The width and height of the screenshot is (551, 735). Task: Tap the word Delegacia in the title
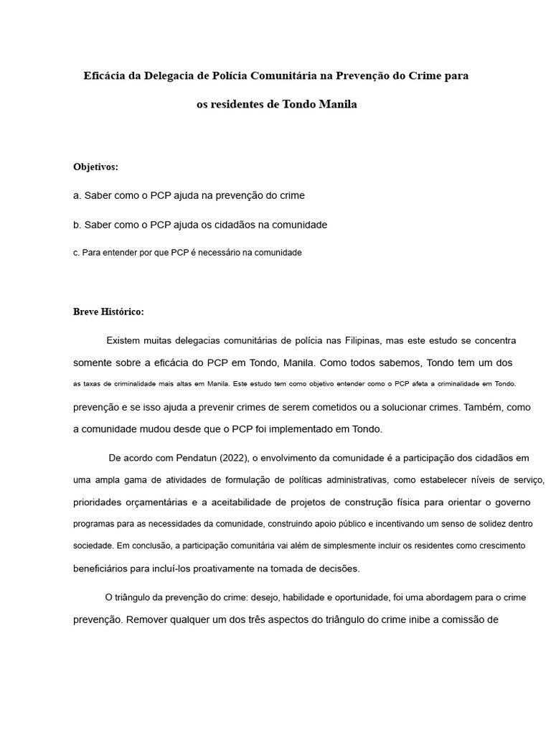(169, 75)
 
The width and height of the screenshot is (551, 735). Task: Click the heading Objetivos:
(95, 167)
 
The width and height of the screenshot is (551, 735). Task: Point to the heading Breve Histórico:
(108, 312)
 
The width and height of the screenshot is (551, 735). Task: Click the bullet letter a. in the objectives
(77, 195)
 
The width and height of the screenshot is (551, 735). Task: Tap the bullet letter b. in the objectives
(77, 225)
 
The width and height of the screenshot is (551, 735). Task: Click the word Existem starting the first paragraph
(126, 340)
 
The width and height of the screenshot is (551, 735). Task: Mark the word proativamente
(219, 568)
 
